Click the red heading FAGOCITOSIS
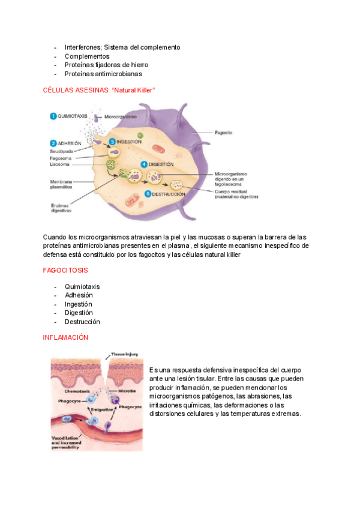pos(65,271)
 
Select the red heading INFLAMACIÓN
pos(65,337)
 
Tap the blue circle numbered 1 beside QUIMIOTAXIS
pos(53,116)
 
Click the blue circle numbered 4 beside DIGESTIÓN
pos(144,164)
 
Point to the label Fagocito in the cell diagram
pos(224,131)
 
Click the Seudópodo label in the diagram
pos(61,151)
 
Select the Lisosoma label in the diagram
pos(59,164)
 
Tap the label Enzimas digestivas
pos(61,208)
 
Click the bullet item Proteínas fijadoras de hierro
pos(106,65)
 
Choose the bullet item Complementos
pos(87,56)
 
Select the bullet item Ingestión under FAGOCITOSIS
pos(79,304)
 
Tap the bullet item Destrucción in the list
pos(82,322)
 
